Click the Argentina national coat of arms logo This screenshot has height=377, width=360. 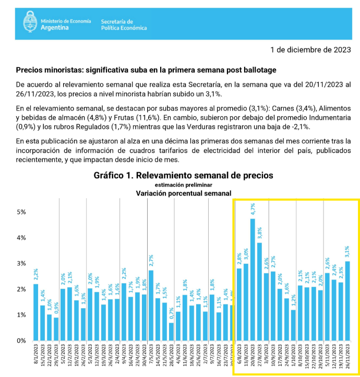[29, 23]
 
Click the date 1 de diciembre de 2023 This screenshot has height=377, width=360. [310, 50]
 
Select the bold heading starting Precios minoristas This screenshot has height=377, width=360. [146, 70]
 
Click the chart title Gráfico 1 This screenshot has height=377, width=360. [183, 175]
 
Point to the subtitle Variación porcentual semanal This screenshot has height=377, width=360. [183, 193]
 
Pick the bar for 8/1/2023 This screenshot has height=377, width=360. [36, 312]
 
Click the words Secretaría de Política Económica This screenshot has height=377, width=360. [124, 24]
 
